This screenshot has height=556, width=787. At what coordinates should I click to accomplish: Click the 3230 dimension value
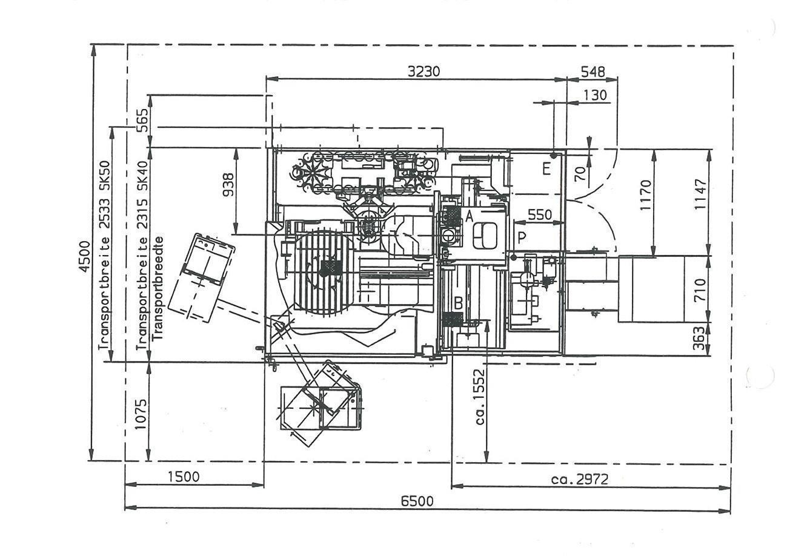[423, 71]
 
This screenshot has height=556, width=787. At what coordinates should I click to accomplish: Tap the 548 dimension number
[593, 71]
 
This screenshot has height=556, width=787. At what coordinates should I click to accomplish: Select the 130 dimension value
[595, 95]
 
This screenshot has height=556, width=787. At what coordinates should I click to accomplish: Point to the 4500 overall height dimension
[85, 256]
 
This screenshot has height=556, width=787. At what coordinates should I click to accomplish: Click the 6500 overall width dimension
[417, 501]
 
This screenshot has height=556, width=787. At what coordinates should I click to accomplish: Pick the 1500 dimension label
[184, 477]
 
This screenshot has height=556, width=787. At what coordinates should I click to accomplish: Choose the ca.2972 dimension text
[580, 479]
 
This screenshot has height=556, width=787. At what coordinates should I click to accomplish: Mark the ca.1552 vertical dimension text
[480, 397]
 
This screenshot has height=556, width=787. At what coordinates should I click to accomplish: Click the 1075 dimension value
[141, 414]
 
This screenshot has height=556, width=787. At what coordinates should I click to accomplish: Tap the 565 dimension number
[142, 121]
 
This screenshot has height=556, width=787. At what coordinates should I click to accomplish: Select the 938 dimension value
[228, 185]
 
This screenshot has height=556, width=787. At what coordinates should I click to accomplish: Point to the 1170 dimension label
[646, 195]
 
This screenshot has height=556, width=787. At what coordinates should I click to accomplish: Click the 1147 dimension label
[700, 194]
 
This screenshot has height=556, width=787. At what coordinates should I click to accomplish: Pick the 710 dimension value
[700, 290]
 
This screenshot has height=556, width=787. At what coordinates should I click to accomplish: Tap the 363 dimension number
[700, 339]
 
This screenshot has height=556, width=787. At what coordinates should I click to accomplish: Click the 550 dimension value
[540, 214]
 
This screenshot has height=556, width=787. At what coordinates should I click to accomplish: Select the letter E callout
[546, 170]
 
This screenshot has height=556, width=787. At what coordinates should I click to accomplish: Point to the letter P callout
[522, 238]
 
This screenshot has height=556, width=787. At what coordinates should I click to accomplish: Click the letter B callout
[459, 303]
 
